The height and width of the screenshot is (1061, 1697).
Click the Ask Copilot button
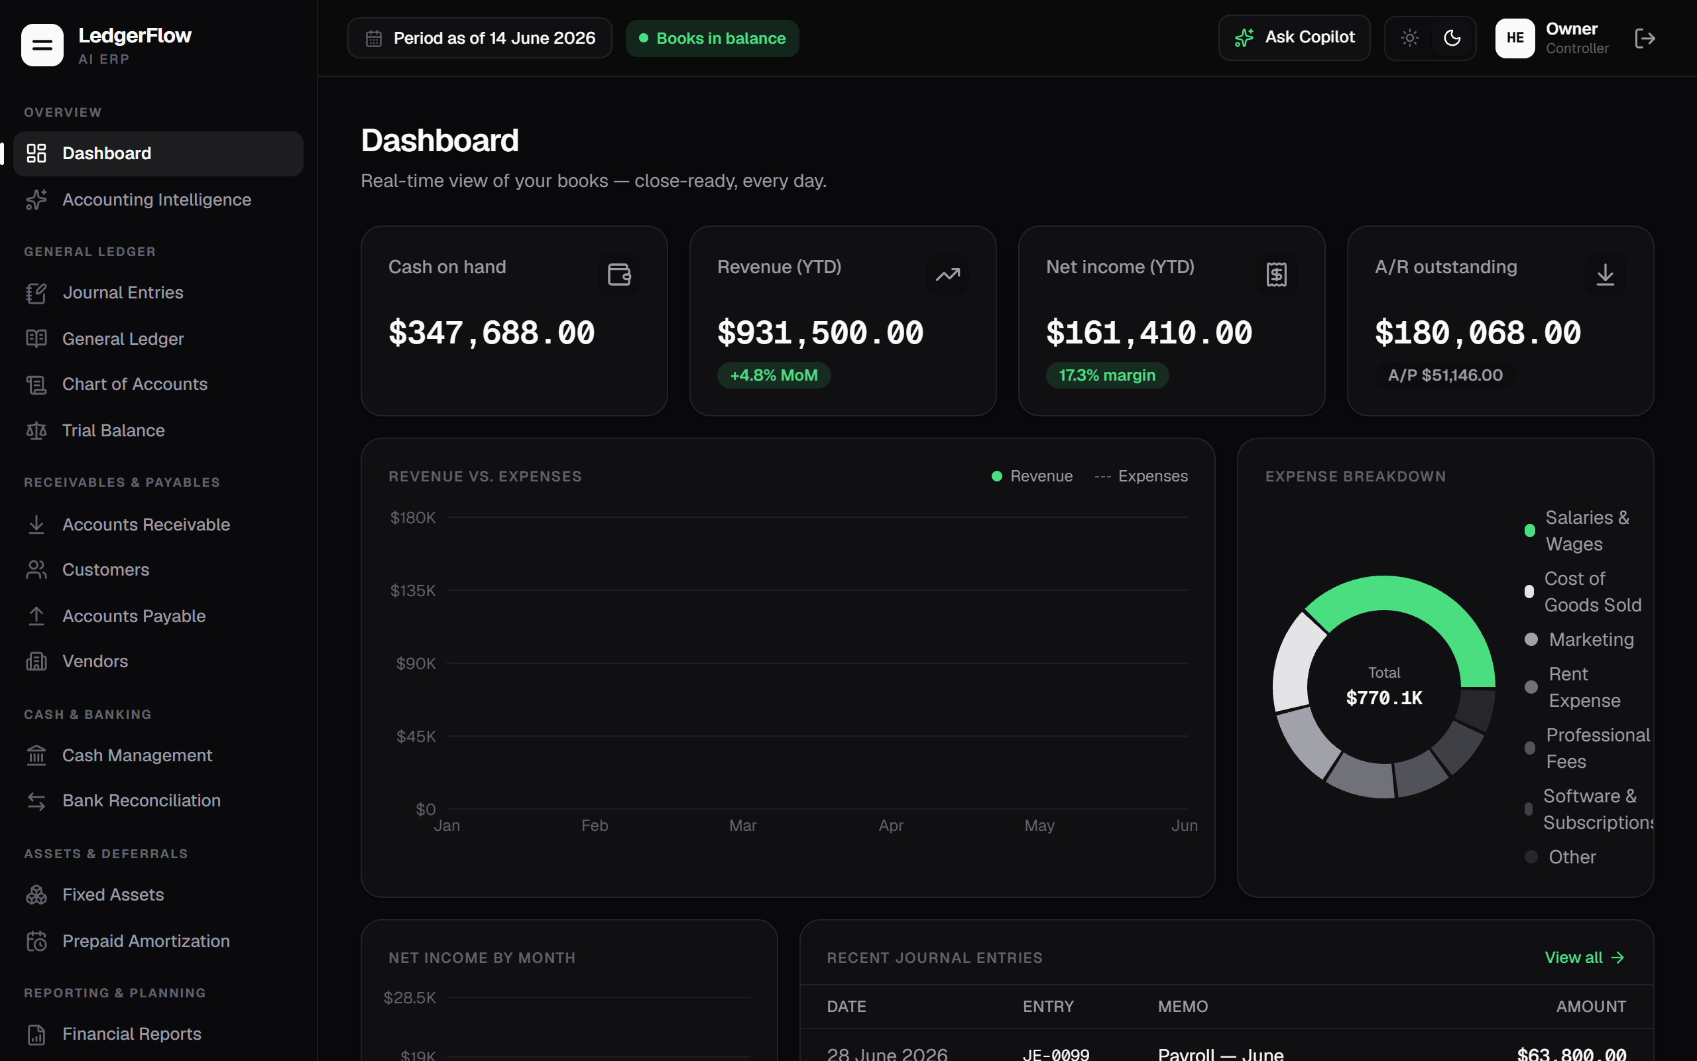1294,38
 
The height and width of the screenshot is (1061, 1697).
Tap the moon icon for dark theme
1452,38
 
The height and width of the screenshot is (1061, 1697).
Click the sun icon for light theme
1409,38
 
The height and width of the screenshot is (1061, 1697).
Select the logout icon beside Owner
1645,38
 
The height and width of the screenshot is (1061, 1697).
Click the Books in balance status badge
713,38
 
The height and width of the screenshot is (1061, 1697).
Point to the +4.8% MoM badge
774,375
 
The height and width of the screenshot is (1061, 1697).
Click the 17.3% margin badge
1107,375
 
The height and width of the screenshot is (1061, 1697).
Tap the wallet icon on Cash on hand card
619,275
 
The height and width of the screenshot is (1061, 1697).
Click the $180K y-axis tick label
413,518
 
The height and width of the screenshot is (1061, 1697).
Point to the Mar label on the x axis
742,825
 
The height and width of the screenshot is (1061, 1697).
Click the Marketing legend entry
1579,639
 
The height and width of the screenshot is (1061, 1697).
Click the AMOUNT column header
1591,1006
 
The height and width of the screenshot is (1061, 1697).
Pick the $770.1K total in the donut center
1384,698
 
